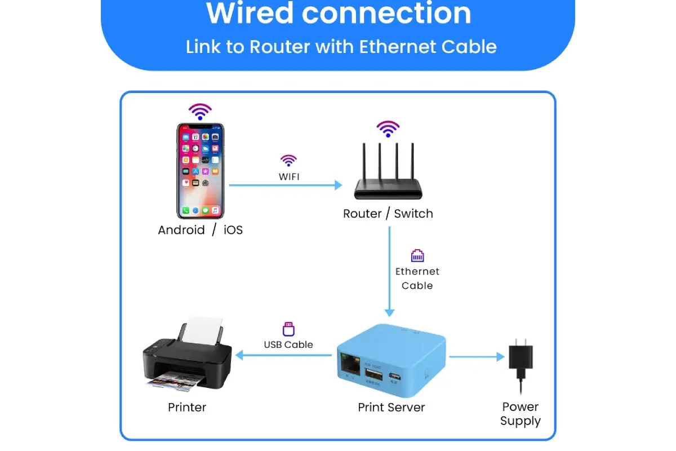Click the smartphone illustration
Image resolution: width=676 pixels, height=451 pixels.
(x=200, y=171)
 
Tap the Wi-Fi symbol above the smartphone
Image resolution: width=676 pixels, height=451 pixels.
(x=200, y=112)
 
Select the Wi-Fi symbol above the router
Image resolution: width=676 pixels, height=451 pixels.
(x=388, y=129)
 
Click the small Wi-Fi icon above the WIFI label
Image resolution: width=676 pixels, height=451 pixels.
(x=288, y=161)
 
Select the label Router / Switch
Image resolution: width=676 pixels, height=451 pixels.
(x=388, y=214)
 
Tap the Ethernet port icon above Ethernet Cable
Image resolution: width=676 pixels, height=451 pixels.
(x=417, y=256)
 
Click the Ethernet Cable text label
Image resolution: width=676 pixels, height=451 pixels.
(x=417, y=278)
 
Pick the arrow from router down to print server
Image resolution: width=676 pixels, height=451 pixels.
(x=389, y=271)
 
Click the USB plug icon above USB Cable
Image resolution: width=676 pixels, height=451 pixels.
(x=288, y=329)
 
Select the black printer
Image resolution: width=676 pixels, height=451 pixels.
(x=186, y=358)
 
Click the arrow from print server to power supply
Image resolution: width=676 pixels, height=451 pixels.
(x=476, y=356)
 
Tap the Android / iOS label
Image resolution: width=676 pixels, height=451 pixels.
(x=200, y=230)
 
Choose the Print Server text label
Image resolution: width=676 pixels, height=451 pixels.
(x=391, y=407)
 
